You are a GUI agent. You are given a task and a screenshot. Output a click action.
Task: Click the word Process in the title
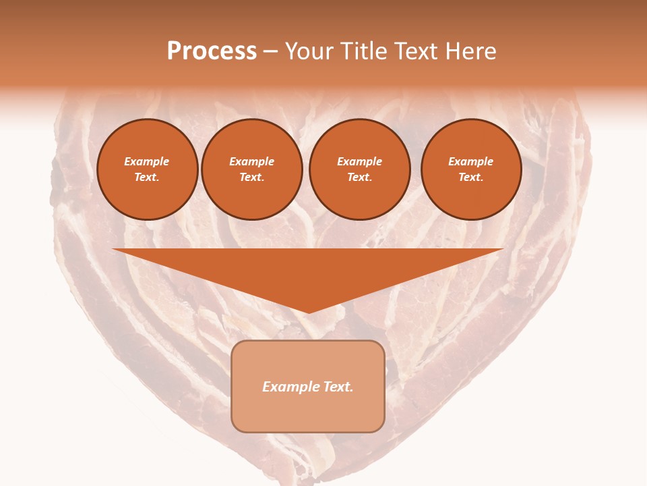pos(212,51)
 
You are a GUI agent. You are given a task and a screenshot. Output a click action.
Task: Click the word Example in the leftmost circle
pos(147,161)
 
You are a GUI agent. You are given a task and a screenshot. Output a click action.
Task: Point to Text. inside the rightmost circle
pos(470,177)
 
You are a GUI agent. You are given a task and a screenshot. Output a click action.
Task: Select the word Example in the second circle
pos(251,161)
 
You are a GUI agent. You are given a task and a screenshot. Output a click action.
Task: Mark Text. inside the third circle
pos(359,177)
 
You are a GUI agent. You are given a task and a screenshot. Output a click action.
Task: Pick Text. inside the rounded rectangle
pos(338,387)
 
